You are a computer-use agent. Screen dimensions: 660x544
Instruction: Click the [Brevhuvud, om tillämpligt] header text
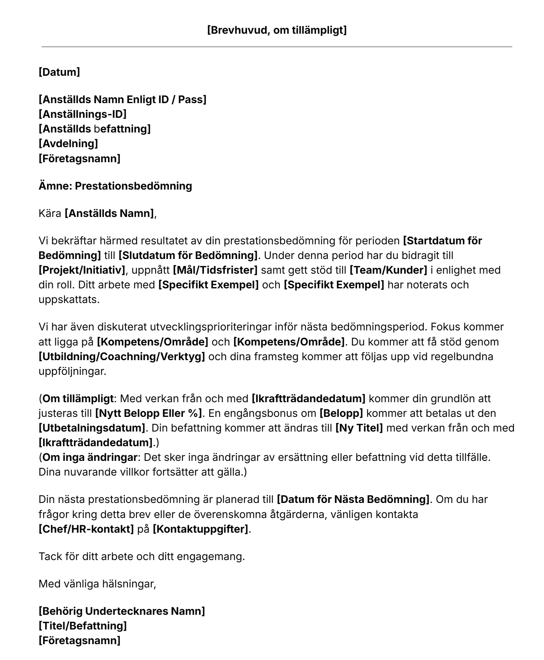pos(277,30)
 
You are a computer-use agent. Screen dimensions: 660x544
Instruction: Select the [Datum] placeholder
pos(59,72)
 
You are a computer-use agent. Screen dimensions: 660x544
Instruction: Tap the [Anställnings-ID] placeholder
pos(82,114)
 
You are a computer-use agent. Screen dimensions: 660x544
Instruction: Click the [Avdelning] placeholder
pos(68,143)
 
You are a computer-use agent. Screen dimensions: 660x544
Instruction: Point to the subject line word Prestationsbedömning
pos(133,186)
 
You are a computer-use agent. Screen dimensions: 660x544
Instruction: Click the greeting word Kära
pos(50,214)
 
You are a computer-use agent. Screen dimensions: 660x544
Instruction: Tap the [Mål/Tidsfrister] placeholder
pos(215,270)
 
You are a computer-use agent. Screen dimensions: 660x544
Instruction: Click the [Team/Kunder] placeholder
pos(388,270)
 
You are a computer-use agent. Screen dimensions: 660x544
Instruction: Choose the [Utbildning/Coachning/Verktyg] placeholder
pos(122,357)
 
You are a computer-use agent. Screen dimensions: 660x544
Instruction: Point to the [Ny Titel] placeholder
pos(359,428)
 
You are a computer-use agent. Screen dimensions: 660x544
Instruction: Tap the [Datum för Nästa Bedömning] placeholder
pos(353,499)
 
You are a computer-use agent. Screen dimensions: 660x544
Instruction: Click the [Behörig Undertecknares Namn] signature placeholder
pos(122,611)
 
